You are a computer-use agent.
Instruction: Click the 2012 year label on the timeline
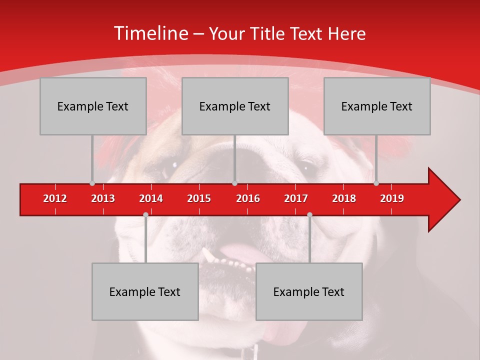(55, 198)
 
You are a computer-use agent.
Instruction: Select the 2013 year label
(103, 198)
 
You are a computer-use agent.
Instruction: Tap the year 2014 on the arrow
(151, 198)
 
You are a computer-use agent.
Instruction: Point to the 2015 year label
(199, 198)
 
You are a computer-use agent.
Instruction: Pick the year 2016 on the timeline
(248, 198)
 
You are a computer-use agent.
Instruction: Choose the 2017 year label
(296, 198)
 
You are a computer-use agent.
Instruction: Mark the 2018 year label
(344, 198)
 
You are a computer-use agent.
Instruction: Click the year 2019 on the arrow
(392, 198)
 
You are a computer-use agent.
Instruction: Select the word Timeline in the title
(151, 33)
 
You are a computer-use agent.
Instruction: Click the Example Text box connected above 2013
(93, 106)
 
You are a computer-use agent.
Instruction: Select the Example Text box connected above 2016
(235, 106)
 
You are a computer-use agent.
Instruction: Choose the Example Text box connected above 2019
(377, 106)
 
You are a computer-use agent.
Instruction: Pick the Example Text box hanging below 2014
(145, 291)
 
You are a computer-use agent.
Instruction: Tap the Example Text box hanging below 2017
(309, 291)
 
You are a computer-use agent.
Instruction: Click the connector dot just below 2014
(145, 214)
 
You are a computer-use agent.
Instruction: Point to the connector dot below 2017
(309, 214)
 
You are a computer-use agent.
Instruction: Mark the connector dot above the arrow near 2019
(376, 183)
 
